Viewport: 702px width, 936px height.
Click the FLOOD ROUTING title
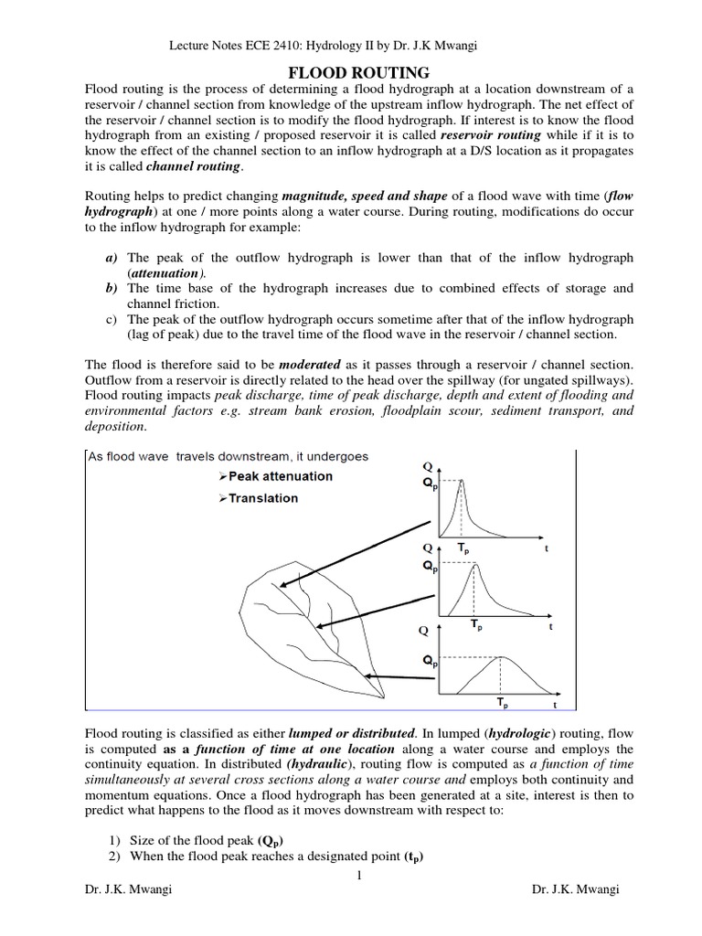pyautogui.click(x=351, y=72)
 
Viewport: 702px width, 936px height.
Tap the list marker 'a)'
pyautogui.click(x=112, y=259)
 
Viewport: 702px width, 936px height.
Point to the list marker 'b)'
pyautogui.click(x=112, y=288)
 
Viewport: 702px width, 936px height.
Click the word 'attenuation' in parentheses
pyautogui.click(x=165, y=273)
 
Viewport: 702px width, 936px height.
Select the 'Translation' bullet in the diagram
pyautogui.click(x=258, y=498)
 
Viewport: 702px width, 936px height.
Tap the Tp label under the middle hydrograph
pyautogui.click(x=476, y=626)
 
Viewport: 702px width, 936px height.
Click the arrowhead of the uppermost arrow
pyautogui.click(x=281, y=588)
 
